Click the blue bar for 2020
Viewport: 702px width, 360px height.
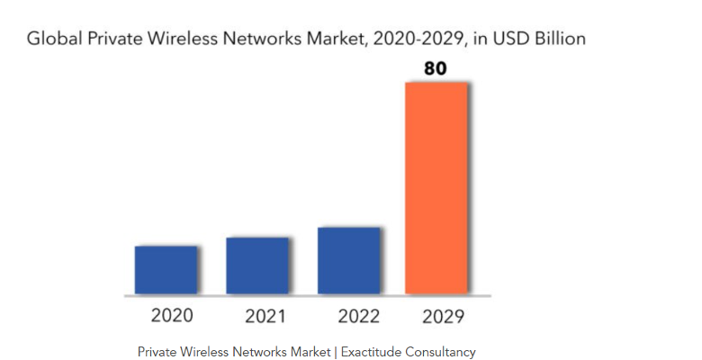166,270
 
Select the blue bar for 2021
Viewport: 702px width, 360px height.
257,266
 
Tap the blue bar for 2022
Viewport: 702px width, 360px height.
349,261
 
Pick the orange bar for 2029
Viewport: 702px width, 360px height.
436,187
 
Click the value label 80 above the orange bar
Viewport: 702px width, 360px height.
436,67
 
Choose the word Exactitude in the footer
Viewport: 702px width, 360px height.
373,352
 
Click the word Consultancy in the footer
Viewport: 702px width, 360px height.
442,352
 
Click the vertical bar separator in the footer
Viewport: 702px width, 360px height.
335,352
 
